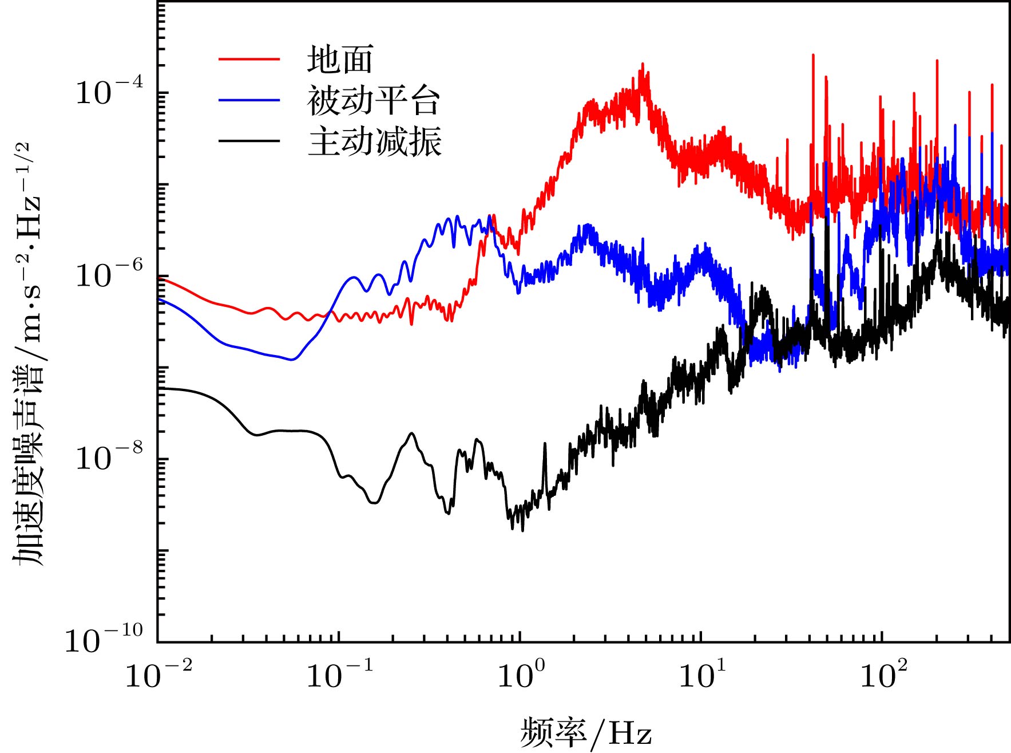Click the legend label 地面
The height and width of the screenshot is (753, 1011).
point(340,60)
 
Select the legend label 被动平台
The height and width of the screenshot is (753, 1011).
point(373,101)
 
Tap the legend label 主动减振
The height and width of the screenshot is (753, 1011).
point(375,141)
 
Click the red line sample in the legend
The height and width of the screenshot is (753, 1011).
point(249,59)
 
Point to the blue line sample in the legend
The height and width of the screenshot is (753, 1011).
point(249,101)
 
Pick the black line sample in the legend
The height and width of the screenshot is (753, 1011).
point(249,141)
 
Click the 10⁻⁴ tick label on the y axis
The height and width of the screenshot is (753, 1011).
point(109,91)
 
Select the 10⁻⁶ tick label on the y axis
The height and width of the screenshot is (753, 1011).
point(109,274)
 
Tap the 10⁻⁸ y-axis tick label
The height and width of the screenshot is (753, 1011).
point(109,457)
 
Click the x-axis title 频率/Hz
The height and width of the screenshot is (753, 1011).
point(586,732)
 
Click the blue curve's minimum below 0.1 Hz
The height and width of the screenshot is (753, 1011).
point(292,360)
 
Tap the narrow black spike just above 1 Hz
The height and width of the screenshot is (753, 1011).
point(544,444)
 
